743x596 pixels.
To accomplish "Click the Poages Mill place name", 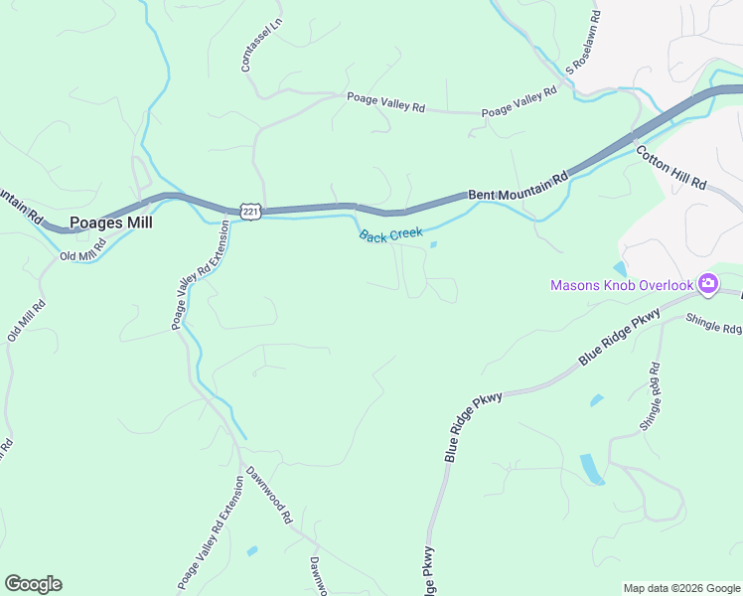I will [110, 223].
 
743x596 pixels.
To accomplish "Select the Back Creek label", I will [390, 235].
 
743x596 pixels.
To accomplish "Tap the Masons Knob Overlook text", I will [622, 286].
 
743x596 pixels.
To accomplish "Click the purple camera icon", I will [707, 285].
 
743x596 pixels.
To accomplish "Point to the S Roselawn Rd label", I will [584, 43].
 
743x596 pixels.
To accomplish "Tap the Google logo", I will [33, 584].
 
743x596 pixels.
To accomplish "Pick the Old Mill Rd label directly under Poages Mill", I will [81, 255].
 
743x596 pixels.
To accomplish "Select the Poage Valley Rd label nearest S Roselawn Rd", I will [519, 103].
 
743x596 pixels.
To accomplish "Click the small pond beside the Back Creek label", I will [433, 244].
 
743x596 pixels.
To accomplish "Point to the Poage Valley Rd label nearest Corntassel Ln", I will [385, 101].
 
